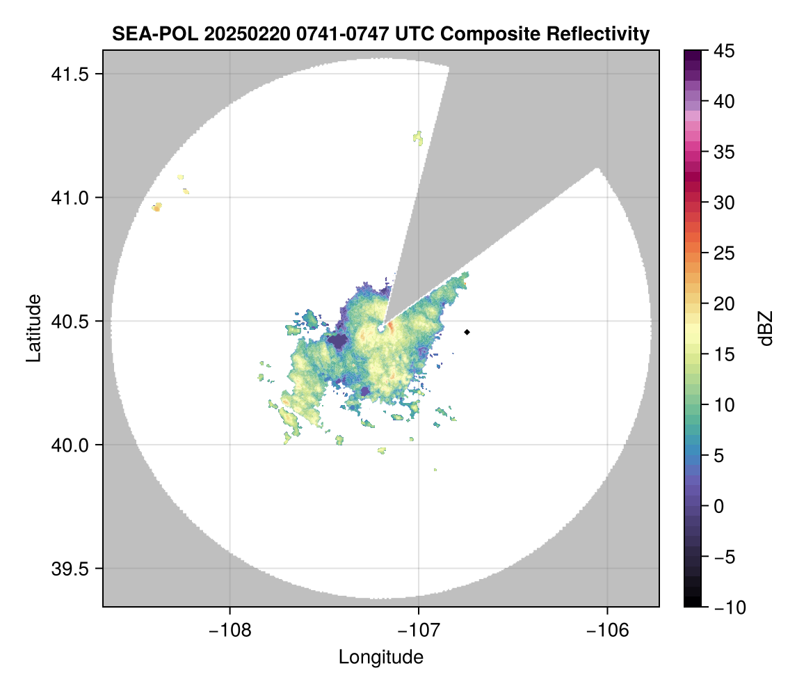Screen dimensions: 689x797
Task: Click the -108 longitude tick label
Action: pos(229,631)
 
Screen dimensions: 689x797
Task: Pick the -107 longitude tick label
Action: pos(419,631)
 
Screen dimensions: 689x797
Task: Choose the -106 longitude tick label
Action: pos(608,631)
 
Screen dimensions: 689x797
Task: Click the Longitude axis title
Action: pos(381,657)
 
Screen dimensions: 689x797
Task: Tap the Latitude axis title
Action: pos(33,328)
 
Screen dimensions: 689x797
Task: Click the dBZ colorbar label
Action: pos(766,328)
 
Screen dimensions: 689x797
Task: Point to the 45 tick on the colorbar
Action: pos(725,51)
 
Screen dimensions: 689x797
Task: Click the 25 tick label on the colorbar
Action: pos(725,253)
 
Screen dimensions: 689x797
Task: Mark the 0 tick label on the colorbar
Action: pos(721,506)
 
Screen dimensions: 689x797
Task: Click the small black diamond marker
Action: pos(467,332)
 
